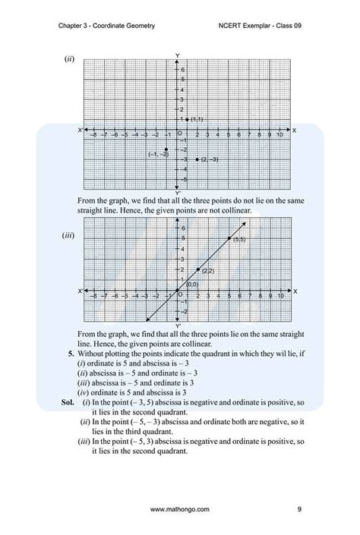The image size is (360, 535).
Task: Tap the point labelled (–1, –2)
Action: click(x=166, y=149)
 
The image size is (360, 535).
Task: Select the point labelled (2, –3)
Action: click(x=197, y=159)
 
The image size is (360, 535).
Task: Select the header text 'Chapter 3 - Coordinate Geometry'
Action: click(x=106, y=26)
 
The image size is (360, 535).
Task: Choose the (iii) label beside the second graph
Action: click(x=68, y=235)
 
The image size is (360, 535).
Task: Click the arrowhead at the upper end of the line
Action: click(x=244, y=223)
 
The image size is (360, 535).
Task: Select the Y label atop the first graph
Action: click(x=177, y=56)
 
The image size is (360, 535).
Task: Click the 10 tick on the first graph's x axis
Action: click(x=279, y=135)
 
